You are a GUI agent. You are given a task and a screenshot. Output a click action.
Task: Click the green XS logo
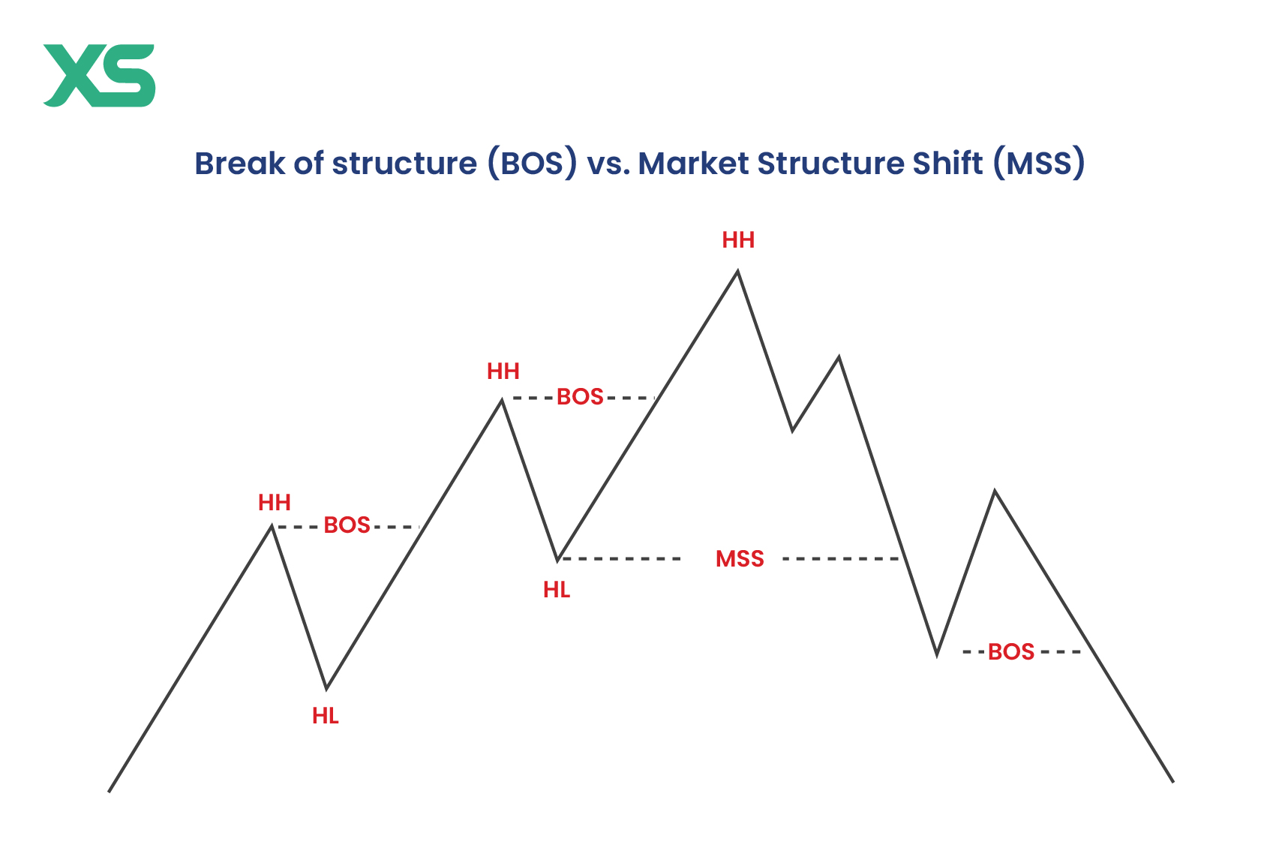click(99, 75)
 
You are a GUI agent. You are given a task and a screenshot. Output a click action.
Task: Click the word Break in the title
click(240, 163)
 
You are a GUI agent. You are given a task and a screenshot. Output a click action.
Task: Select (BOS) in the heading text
click(533, 163)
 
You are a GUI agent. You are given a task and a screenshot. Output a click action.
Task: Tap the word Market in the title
click(693, 163)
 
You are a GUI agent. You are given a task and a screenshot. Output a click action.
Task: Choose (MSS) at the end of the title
click(1039, 163)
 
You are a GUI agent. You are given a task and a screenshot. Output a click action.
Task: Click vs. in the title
click(608, 164)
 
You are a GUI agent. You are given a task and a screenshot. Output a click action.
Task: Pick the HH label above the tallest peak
click(738, 240)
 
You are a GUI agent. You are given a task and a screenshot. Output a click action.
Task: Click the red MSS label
click(740, 559)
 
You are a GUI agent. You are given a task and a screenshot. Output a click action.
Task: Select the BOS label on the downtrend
click(1011, 652)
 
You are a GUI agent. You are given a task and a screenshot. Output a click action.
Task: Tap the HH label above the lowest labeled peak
click(274, 503)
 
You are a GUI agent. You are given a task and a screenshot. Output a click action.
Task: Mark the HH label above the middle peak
click(503, 371)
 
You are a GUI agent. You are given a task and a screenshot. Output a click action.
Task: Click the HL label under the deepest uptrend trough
click(326, 716)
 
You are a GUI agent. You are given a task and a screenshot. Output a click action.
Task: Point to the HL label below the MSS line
click(557, 591)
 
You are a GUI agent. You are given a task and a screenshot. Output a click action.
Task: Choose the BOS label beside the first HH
click(347, 525)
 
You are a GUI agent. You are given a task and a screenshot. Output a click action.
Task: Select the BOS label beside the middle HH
click(580, 397)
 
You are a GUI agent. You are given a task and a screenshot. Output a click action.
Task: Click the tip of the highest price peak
click(737, 272)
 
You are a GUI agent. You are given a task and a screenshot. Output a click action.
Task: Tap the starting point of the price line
click(110, 792)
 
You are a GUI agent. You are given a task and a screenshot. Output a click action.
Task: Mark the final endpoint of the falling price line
click(1173, 782)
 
